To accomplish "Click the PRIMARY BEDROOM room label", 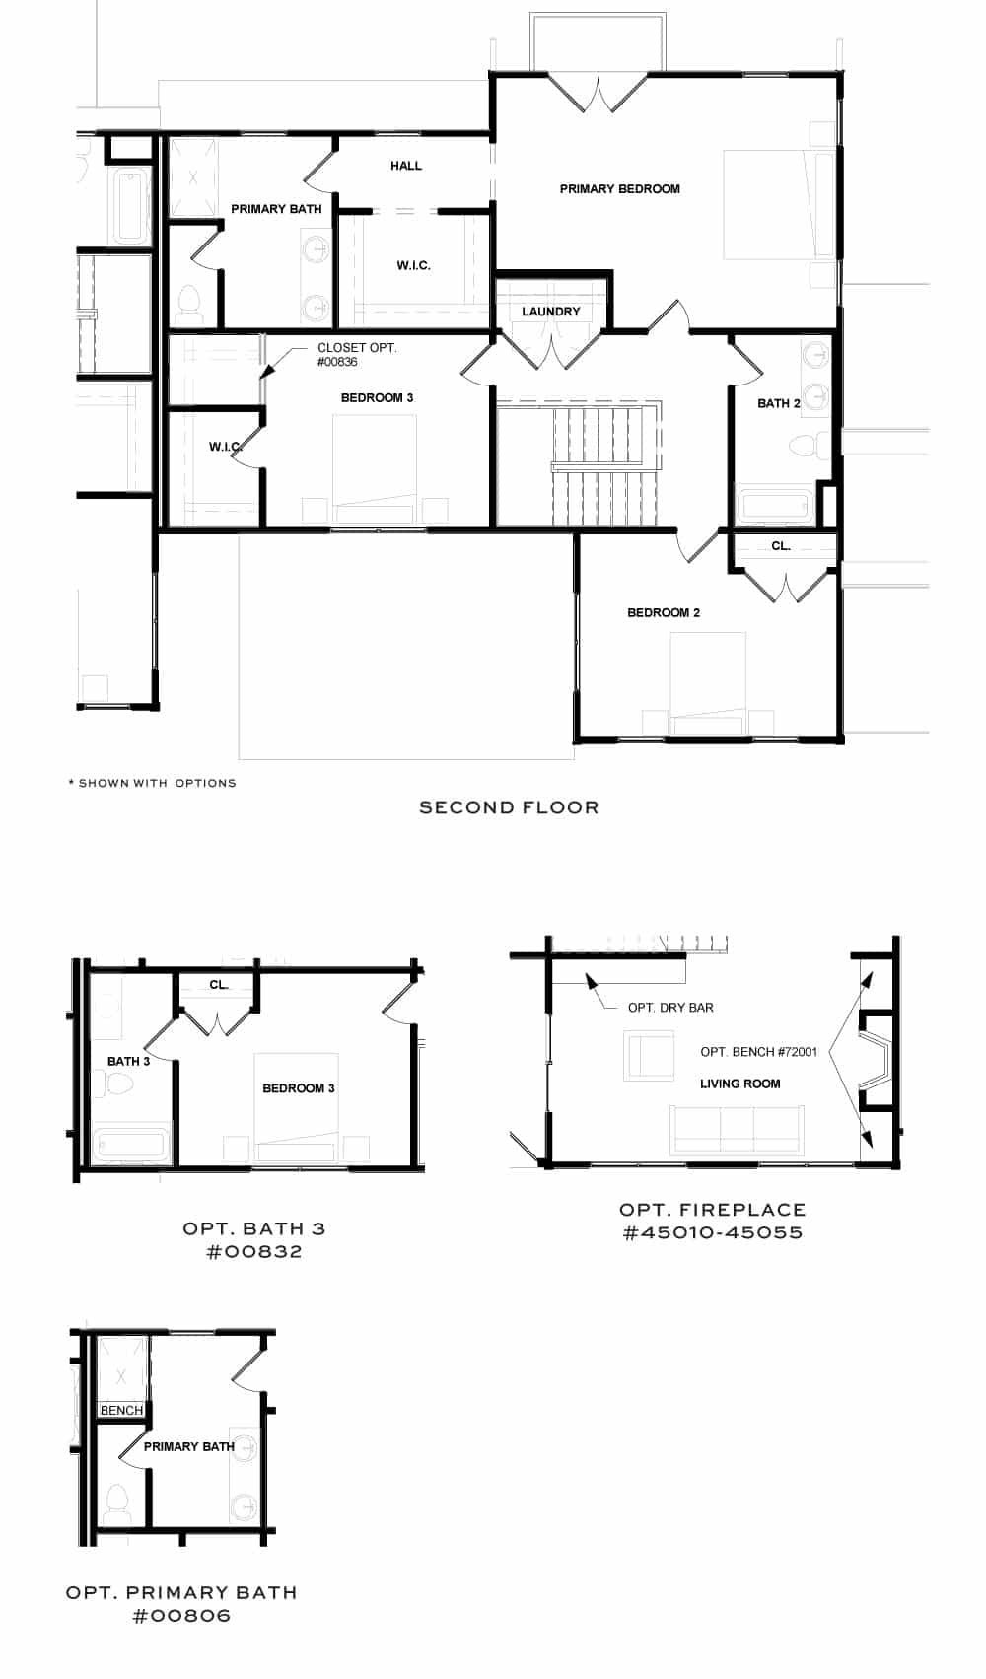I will click(x=619, y=188).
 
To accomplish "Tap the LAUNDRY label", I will click(x=550, y=312).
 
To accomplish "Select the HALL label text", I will click(x=405, y=166).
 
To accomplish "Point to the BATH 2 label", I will click(x=778, y=403).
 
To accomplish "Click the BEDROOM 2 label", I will click(x=664, y=612).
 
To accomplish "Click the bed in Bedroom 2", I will click(x=707, y=680).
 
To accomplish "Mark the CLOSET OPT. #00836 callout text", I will click(x=357, y=355).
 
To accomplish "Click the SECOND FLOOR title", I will click(x=509, y=807).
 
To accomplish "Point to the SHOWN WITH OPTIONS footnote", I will click(x=153, y=783).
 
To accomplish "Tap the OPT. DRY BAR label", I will click(x=670, y=1008).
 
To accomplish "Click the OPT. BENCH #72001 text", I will click(x=758, y=1052).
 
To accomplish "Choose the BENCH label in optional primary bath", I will click(x=121, y=1411).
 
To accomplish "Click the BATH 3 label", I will click(x=128, y=1061).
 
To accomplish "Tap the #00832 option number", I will click(x=254, y=1252).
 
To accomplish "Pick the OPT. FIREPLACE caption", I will click(x=712, y=1210).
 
